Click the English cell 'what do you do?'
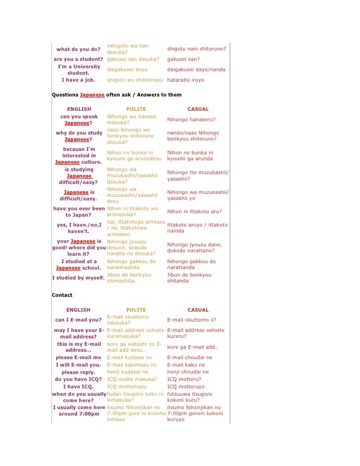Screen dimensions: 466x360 click(x=78, y=49)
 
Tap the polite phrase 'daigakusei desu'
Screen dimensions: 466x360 click(x=127, y=70)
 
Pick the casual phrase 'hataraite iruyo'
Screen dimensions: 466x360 click(x=185, y=80)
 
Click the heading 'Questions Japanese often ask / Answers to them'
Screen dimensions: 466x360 click(x=117, y=94)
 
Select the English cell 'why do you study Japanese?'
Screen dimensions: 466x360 click(x=79, y=136)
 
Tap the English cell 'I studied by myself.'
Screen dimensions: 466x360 click(x=78, y=278)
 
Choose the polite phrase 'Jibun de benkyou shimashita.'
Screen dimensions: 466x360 click(x=129, y=278)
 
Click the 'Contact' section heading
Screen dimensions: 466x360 click(x=62, y=295)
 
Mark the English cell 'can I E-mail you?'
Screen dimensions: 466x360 click(x=78, y=320)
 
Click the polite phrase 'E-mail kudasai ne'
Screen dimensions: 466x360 click(x=130, y=357)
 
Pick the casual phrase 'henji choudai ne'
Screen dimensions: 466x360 click(x=188, y=372)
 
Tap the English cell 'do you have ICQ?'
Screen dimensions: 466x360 click(x=78, y=379)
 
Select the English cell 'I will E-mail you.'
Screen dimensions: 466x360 click(x=78, y=365)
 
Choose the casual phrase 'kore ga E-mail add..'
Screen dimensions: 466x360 click(x=192, y=347)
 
